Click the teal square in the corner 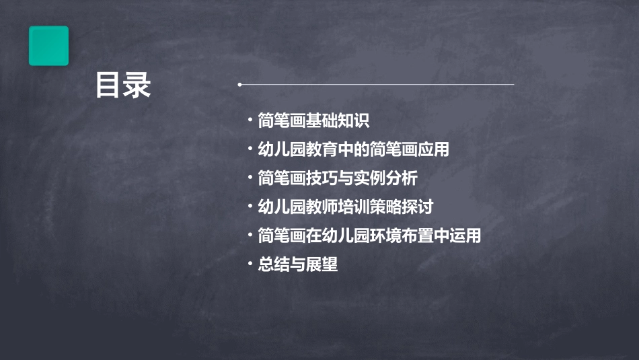point(48,46)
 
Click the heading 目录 point(123,85)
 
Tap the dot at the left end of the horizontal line point(239,85)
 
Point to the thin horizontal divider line point(377,85)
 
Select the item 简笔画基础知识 point(313,121)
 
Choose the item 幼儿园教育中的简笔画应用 point(353,149)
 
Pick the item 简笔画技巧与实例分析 point(338,178)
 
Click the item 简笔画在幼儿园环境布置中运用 point(369,236)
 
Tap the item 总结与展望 point(297,264)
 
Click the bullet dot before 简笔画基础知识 point(250,121)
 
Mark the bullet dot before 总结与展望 point(250,264)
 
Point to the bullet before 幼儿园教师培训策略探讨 point(250,207)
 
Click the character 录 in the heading point(138,85)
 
